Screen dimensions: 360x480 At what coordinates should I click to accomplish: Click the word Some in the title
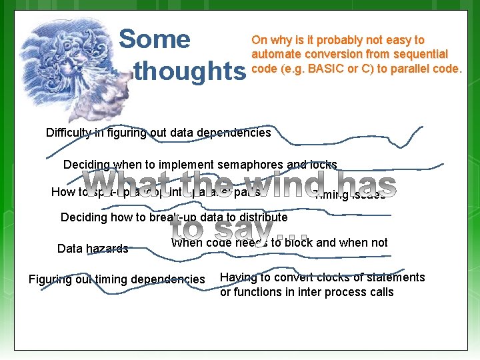point(154,39)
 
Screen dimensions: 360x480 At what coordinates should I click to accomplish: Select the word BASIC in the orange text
point(311,69)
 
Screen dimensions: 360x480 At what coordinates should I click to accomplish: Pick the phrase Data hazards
point(93,249)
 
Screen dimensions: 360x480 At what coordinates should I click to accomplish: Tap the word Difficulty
point(70,132)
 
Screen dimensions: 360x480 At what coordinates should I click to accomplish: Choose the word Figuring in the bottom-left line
point(50,279)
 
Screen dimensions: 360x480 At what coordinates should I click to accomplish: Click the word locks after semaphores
point(323,165)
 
